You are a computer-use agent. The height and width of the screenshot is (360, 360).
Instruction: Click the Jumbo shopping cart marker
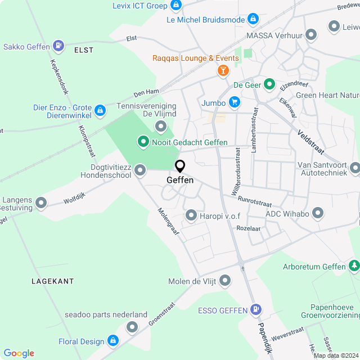coord(235,103)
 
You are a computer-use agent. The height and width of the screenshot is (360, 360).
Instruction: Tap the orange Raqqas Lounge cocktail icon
coord(223,71)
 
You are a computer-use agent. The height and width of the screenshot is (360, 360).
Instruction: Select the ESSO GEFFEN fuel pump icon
coord(256,310)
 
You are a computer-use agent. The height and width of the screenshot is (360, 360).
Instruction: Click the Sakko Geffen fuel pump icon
coord(58,46)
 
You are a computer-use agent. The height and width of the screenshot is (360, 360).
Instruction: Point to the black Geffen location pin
coord(180,166)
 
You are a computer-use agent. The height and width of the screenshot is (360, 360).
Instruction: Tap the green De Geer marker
coord(269,85)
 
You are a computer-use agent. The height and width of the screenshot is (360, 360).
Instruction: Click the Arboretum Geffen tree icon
coord(354,265)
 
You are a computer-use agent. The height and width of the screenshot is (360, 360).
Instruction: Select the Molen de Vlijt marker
coord(226,280)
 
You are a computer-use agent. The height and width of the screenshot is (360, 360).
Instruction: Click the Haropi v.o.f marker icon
coord(191,215)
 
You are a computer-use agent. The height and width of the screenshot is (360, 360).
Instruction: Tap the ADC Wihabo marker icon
coord(318,213)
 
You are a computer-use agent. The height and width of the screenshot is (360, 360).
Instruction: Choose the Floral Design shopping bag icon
coord(113,341)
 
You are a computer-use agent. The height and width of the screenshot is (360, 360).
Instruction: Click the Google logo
coord(19,353)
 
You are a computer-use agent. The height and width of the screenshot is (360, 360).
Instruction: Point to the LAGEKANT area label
coord(52,281)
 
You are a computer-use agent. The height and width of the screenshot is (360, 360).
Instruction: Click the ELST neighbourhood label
coord(83,50)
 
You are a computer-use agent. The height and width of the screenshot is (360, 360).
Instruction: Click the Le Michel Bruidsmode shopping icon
coord(254,20)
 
